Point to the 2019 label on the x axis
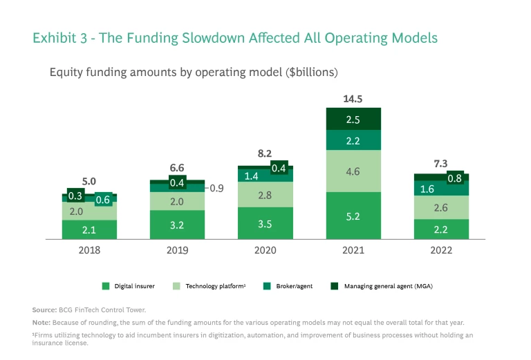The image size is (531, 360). tap(178, 250)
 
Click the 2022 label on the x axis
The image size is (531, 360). tap(442, 250)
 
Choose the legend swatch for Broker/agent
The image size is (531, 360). tap(268, 286)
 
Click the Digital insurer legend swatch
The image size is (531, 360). tap(106, 286)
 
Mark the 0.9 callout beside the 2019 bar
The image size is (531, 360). tap(217, 188)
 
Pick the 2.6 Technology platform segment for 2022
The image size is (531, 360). tap(442, 207)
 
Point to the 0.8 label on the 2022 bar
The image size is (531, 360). tap(455, 178)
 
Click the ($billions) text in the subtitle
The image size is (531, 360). tap(306, 72)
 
